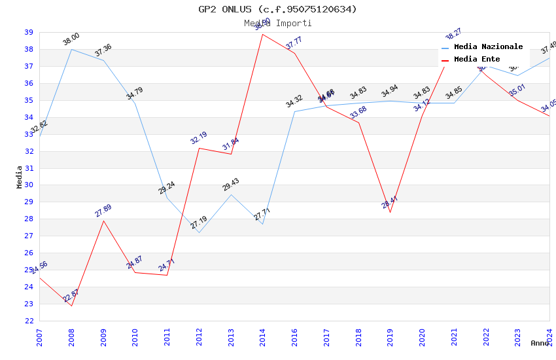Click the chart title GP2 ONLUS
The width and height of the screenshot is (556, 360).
(278, 9)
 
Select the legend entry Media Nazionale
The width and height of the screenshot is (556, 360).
(488, 47)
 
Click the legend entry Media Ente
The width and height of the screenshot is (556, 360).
(477, 60)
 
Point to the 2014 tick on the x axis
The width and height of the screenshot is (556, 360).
(262, 334)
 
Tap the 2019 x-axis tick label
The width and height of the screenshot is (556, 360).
(390, 334)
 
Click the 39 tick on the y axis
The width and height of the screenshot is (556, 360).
(29, 32)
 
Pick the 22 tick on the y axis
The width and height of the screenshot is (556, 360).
(29, 321)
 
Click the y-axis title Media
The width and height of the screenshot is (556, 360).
(20, 177)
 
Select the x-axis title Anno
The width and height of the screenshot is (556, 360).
(540, 343)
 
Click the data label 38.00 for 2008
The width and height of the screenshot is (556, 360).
(71, 39)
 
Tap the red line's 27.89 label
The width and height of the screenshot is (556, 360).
(103, 211)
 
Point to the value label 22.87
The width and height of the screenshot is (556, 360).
(71, 296)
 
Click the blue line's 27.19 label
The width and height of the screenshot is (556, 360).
(199, 223)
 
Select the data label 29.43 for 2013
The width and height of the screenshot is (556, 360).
(231, 185)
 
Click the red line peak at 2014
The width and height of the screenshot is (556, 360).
(262, 34)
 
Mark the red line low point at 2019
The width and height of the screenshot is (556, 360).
(391, 212)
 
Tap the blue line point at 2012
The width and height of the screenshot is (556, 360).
(199, 233)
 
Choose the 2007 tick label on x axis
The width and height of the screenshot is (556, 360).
(39, 334)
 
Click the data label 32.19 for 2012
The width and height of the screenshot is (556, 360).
(199, 138)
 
